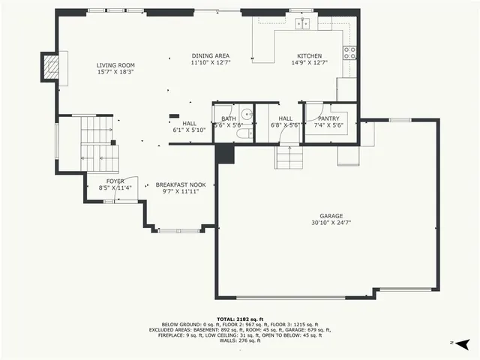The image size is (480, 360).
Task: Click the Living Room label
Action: [115, 65]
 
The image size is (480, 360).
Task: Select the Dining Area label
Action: [210, 56]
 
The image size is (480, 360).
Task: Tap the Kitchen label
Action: [309, 56]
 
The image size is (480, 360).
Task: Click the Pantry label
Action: [328, 118]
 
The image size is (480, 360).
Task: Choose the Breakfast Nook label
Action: [180, 184]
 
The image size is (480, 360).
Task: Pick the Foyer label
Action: [115, 181]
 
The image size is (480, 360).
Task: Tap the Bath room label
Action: [229, 118]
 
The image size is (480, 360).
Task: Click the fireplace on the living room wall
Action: [50, 67]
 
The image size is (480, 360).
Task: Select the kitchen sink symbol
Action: [302, 24]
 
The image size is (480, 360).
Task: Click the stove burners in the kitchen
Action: [349, 52]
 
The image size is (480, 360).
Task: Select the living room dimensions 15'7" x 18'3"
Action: [115, 73]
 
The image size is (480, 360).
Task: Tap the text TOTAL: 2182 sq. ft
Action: [240, 319]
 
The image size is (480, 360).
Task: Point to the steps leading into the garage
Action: [288, 157]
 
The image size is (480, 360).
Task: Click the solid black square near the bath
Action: [225, 154]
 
